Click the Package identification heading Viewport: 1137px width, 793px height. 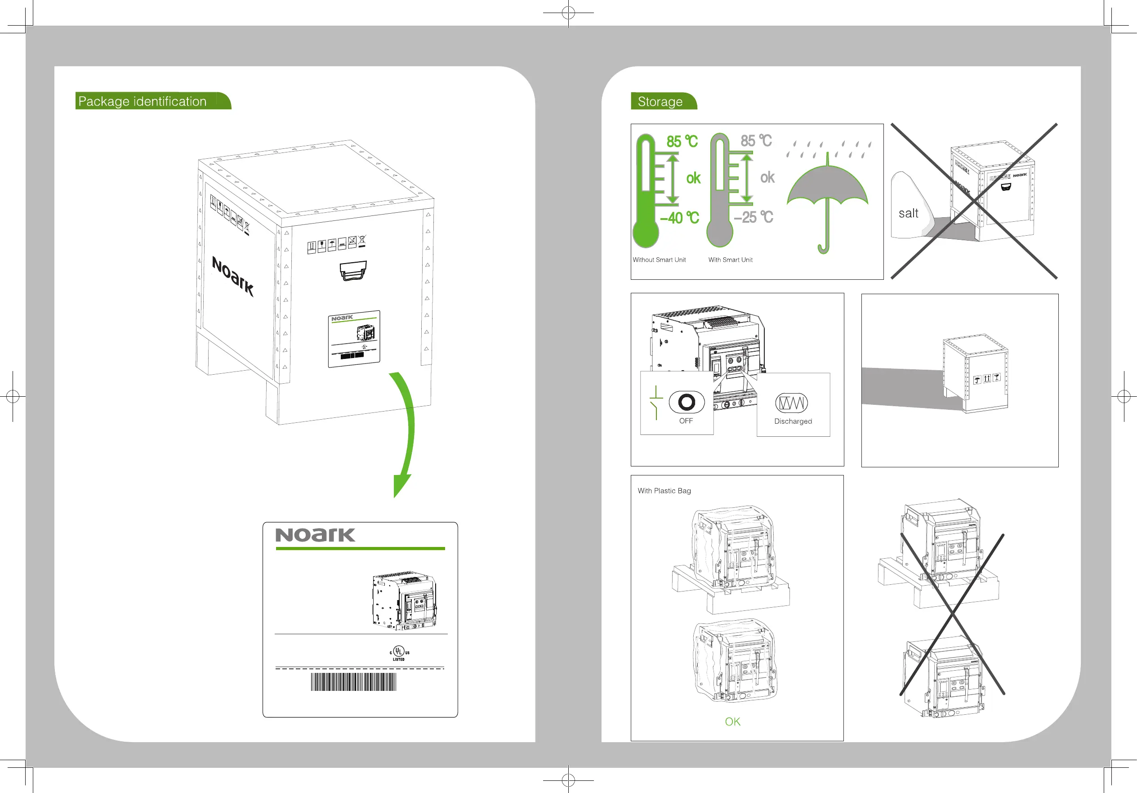pyautogui.click(x=143, y=101)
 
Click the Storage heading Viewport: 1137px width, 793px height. pyautogui.click(x=660, y=102)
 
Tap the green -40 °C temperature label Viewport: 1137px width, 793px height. pyautogui.click(x=679, y=218)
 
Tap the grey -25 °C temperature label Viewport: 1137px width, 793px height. pyautogui.click(x=753, y=217)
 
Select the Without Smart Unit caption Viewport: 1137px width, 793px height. pyautogui.click(x=659, y=260)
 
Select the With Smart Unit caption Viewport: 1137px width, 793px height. pyautogui.click(x=731, y=260)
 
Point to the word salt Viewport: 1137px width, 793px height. pyautogui.click(x=908, y=214)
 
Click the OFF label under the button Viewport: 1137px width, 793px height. pyautogui.click(x=686, y=421)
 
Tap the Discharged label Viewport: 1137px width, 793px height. pyautogui.click(x=793, y=421)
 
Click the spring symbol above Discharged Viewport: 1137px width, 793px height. pyautogui.click(x=791, y=403)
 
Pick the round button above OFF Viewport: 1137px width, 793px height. pyautogui.click(x=687, y=402)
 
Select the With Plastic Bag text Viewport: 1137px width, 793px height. pyautogui.click(x=664, y=491)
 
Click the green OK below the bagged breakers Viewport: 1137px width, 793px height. pyautogui.click(x=732, y=721)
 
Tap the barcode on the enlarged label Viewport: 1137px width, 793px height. pyautogui.click(x=353, y=681)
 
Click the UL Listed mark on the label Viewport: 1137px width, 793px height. pyautogui.click(x=399, y=653)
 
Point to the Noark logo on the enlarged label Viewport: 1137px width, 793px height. pyautogui.click(x=316, y=535)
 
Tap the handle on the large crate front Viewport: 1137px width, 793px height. pyautogui.click(x=353, y=271)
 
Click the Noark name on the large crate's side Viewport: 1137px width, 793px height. pyautogui.click(x=233, y=276)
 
